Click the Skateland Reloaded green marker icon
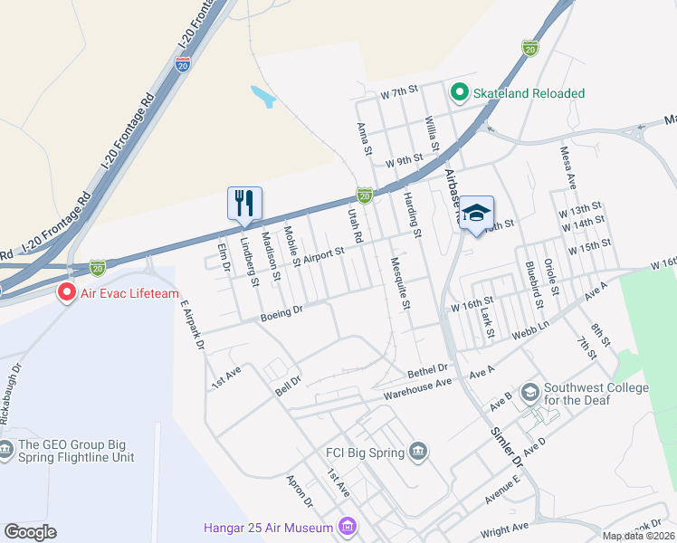tap(459, 92)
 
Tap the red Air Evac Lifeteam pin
tap(66, 292)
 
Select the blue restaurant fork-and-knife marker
tap(244, 204)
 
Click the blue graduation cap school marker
tap(475, 214)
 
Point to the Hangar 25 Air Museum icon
tap(346, 525)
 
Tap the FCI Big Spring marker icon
tap(417, 451)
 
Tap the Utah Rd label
tap(356, 224)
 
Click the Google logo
tap(30, 532)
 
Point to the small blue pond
tap(262, 96)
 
